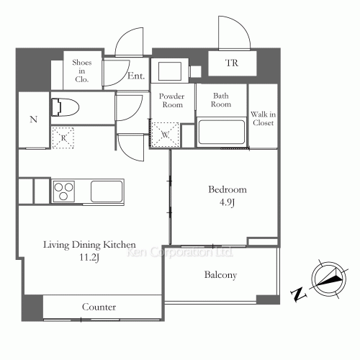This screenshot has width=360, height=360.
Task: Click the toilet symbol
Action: [66, 107]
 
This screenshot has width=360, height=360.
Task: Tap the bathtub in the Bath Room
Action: [222, 132]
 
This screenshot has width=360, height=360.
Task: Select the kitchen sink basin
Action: [107, 192]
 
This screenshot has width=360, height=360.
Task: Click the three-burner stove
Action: [63, 192]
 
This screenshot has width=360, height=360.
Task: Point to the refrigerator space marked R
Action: [63, 138]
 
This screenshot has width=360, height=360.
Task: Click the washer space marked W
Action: [166, 135]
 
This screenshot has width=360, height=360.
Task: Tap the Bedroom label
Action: [228, 189]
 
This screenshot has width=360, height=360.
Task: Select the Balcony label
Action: [220, 275]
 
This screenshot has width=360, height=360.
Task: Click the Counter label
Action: [99, 307]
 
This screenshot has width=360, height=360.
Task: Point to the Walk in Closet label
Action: [264, 119]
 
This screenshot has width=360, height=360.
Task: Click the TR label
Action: [232, 63]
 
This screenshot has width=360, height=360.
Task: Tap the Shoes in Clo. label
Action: [82, 71]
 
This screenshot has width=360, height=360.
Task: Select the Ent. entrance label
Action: [136, 76]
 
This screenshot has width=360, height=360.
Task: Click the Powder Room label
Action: [172, 100]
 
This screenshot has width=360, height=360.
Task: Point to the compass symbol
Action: [329, 279]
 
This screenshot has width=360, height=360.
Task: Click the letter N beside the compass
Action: [299, 294]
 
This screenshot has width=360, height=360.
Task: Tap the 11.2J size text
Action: [89, 258]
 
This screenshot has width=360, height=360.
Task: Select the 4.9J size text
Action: [227, 202]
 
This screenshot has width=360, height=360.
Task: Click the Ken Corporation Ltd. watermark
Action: [179, 252]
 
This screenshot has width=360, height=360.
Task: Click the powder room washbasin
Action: [170, 71]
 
